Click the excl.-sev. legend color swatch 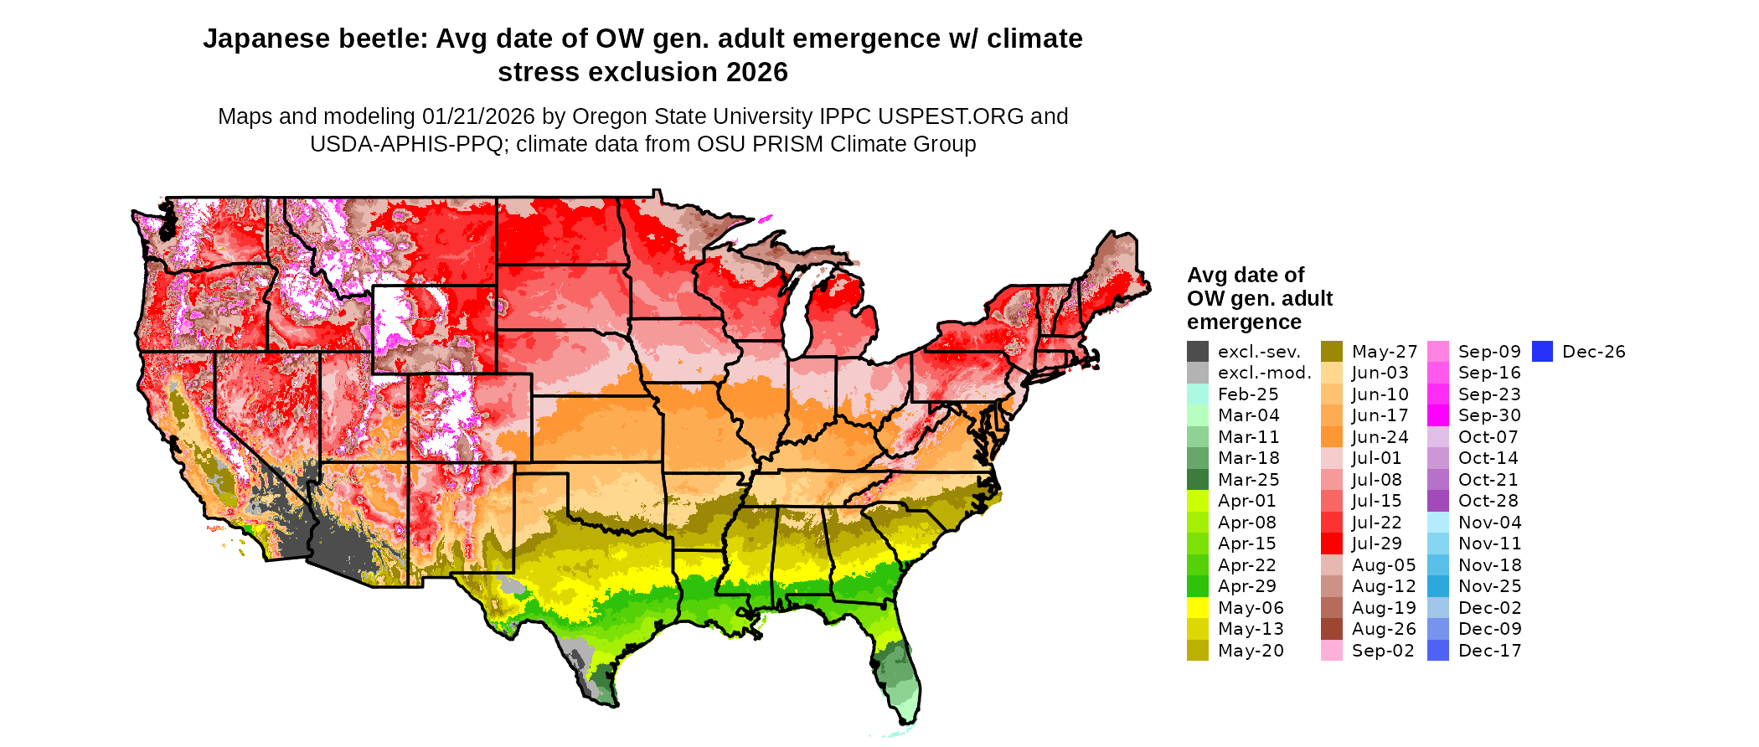coord(1198,352)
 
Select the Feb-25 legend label coord(1248,394)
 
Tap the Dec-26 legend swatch coord(1542,352)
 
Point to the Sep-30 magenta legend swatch coord(1437,415)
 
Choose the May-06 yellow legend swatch coord(1198,608)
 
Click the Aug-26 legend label coord(1384,629)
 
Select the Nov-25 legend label coord(1489,586)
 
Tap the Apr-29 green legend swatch coord(1198,586)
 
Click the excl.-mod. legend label coord(1264,373)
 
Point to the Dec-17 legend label coord(1489,651)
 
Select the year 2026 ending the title coord(757,73)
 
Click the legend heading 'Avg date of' coord(1246,276)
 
